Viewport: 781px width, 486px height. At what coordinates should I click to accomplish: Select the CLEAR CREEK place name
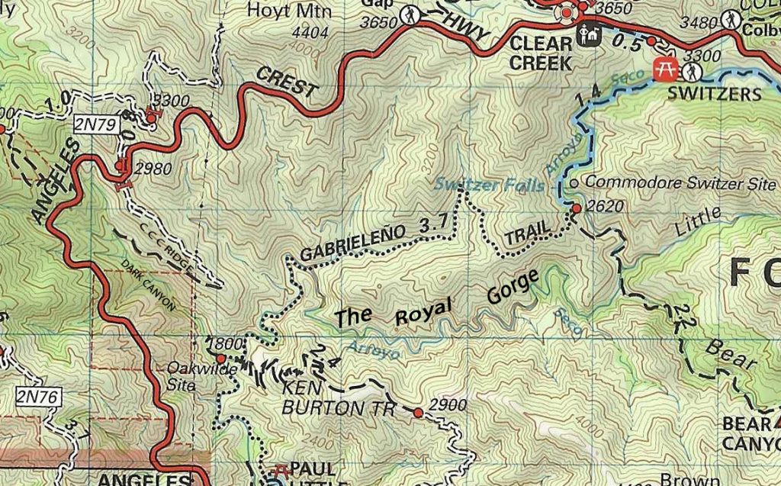(541, 53)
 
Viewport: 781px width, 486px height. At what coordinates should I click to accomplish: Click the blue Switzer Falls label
(490, 184)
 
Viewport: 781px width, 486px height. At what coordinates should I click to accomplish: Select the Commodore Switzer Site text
(680, 183)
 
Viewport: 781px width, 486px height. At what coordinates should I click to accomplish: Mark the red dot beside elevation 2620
(576, 208)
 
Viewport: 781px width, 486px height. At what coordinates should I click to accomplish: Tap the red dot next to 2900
(418, 413)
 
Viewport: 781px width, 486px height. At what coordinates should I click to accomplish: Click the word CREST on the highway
(288, 81)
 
